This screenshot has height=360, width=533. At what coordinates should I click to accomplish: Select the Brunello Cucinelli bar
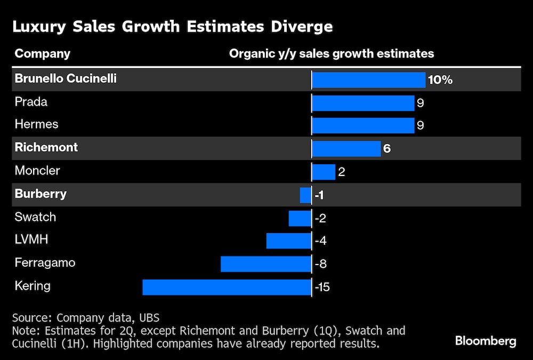[368, 80]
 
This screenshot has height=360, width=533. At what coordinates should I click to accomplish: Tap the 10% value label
[440, 80]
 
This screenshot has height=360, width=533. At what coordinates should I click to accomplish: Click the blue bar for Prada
[363, 103]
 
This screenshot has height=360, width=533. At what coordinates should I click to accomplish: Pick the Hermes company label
[37, 124]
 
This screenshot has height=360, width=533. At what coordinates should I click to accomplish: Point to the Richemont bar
[346, 148]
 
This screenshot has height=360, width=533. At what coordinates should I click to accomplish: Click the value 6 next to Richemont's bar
[387, 148]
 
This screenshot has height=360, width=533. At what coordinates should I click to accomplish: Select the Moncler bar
[324, 172]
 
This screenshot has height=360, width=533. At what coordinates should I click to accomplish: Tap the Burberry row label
[41, 194]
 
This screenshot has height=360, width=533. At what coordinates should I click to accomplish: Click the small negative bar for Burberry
[305, 195]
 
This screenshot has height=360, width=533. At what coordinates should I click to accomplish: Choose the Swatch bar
[300, 218]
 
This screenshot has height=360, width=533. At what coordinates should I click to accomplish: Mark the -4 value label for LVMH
[321, 241]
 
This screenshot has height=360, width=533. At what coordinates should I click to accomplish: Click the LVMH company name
[31, 239]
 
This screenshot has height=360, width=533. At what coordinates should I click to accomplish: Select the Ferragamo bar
[266, 264]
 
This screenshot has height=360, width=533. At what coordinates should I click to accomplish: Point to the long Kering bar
[227, 287]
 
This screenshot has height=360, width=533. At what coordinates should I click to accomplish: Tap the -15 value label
[322, 287]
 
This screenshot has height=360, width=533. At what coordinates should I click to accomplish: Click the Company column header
[42, 54]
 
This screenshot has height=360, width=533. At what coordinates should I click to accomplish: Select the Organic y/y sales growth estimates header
[331, 54]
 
